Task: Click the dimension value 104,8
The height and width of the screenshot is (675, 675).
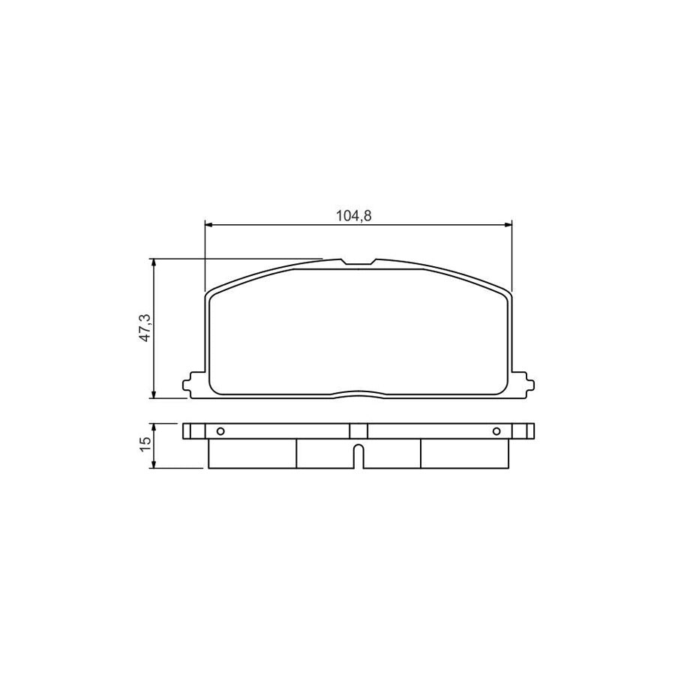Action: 354,215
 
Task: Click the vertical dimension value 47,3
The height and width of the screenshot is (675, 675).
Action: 145,328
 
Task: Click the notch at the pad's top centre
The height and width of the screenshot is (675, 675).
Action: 358,262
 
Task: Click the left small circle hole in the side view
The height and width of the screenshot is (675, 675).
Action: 220,430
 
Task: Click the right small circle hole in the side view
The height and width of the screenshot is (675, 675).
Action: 496,430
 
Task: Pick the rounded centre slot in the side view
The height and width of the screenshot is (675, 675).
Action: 358,457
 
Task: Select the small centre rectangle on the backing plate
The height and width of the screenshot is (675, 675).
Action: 358,430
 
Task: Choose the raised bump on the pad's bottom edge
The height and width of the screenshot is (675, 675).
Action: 358,392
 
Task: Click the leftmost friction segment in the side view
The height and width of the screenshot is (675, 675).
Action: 251,453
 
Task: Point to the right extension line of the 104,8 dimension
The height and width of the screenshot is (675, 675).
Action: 511,255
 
